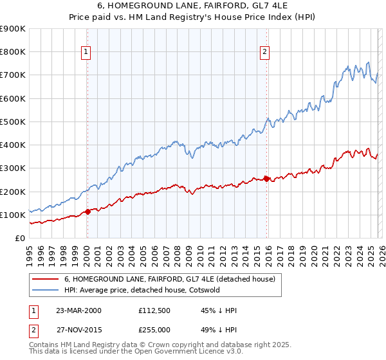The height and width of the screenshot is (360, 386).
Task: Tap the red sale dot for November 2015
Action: coord(267,179)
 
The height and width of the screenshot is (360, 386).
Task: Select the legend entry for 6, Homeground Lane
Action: coord(170,279)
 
